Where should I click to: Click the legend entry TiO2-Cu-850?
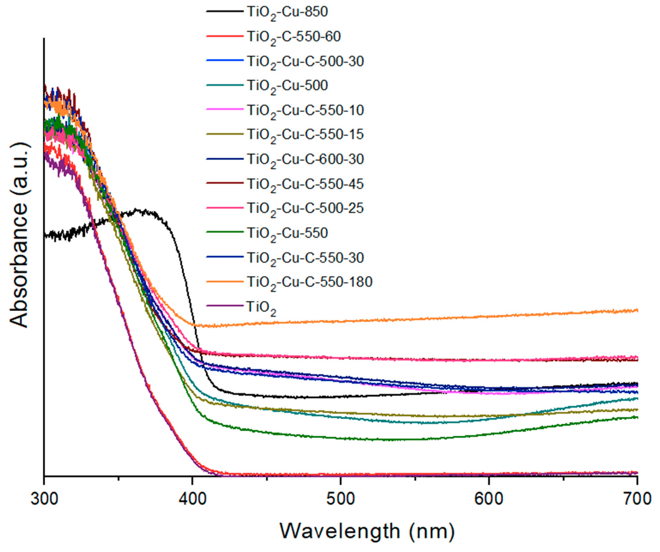click(287, 13)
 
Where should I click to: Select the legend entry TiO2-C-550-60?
click(293, 37)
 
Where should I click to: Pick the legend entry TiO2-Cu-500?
click(287, 86)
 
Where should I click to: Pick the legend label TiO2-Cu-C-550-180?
click(309, 282)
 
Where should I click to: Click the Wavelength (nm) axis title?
click(367, 532)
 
